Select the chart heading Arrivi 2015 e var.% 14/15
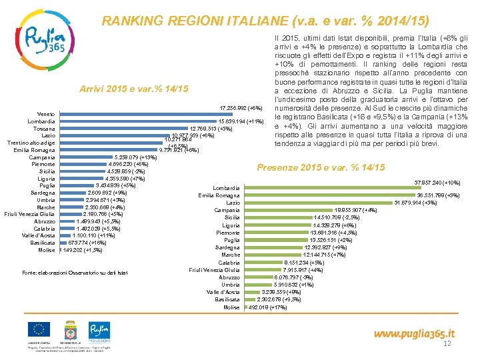click(133, 89)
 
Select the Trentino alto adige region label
click(31, 143)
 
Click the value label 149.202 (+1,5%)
click(83, 251)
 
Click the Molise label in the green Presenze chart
click(231, 307)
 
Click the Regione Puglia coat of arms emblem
click(70, 330)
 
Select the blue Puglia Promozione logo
click(99, 330)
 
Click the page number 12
click(447, 344)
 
